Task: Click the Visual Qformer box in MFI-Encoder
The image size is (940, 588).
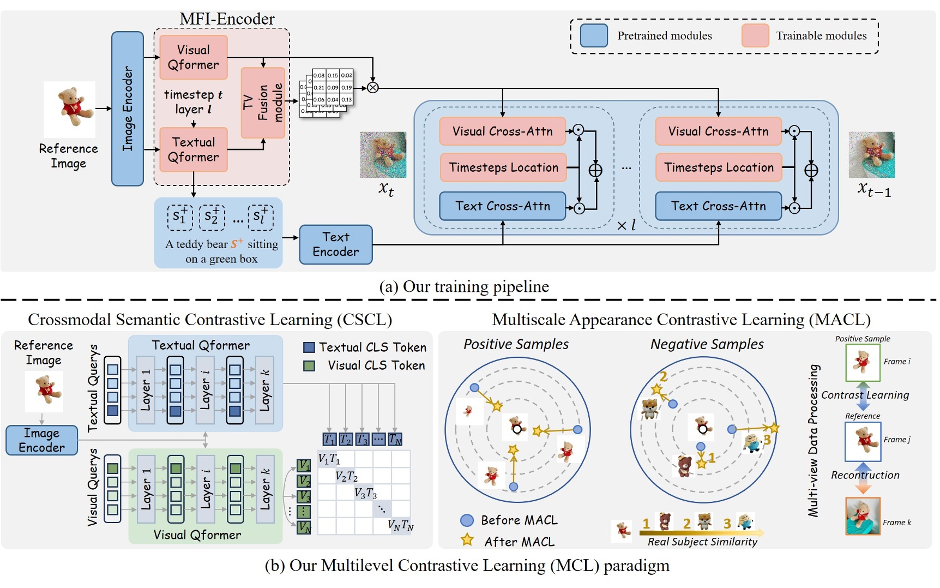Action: point(193,57)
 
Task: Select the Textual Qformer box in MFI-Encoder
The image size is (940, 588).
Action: point(193,149)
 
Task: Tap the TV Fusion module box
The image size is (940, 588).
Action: point(263,103)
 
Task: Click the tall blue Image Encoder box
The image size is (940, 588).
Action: point(127,109)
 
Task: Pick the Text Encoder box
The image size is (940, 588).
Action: point(335,244)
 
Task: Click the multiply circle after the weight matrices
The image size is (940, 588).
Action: point(372,87)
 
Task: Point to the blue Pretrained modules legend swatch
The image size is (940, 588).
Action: point(594,35)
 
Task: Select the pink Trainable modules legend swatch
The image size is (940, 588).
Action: point(755,35)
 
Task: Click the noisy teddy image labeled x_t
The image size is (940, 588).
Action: point(383,154)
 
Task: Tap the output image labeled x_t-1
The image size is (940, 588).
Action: point(871,154)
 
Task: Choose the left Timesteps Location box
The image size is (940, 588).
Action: point(503,167)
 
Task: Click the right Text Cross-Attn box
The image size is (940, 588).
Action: point(718,206)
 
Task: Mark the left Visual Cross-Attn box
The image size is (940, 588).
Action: point(502,131)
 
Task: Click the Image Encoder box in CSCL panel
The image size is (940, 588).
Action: point(41,440)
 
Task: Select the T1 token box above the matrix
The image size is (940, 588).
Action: point(329,439)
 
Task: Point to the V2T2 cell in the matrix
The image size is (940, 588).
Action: point(346,476)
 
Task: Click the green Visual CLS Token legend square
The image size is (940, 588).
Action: point(309,365)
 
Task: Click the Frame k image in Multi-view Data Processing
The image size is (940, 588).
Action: point(863,516)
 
